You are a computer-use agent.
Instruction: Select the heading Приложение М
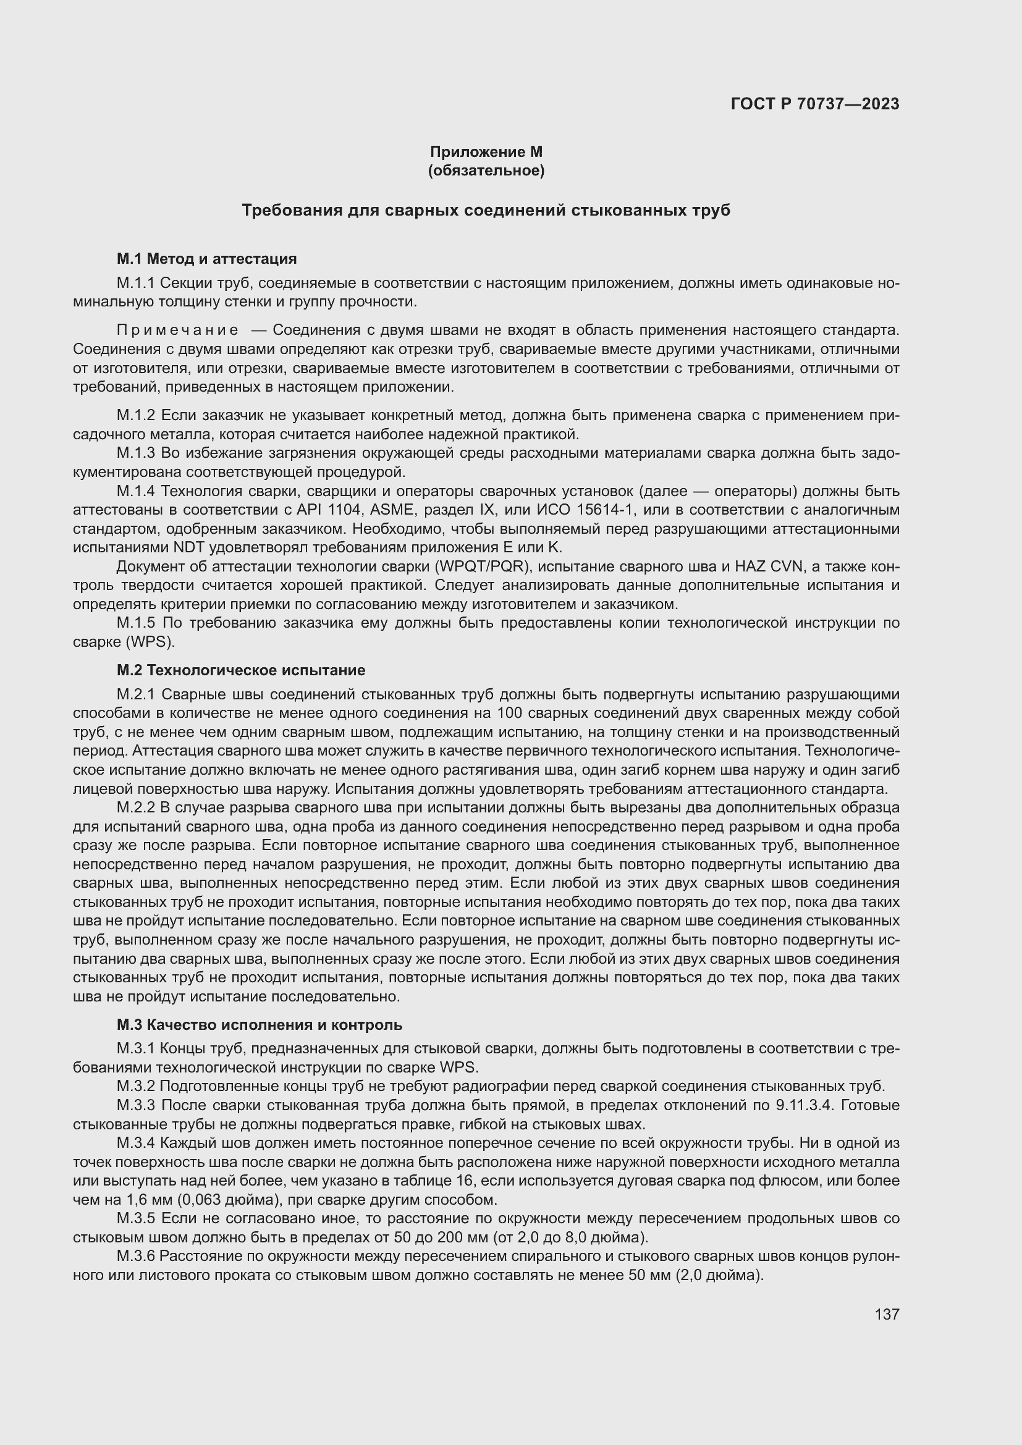click(x=486, y=152)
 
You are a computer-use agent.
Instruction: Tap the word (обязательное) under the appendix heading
click(x=486, y=171)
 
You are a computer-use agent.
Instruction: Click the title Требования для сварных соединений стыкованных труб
click(x=486, y=210)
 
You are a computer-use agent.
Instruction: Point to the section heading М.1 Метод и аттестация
click(x=206, y=259)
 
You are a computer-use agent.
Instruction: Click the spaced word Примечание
click(x=177, y=331)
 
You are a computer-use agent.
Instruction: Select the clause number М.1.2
click(x=135, y=415)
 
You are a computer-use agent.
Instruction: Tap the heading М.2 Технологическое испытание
click(x=240, y=670)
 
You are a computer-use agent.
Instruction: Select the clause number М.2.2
click(x=135, y=807)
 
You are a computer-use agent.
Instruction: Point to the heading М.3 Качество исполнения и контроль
click(x=260, y=1024)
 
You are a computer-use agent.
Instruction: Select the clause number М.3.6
click(x=135, y=1256)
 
